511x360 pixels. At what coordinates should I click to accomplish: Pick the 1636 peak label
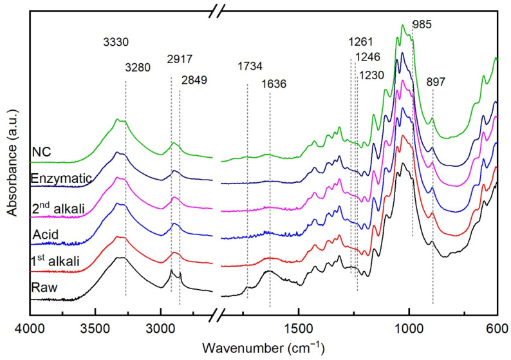point(274,84)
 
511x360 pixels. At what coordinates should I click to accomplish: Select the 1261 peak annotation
point(361,42)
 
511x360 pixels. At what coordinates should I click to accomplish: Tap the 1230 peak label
point(371,75)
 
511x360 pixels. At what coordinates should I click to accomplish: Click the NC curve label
point(41,153)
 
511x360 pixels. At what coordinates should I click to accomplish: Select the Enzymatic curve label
point(55,178)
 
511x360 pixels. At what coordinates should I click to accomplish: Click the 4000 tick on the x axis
point(28,328)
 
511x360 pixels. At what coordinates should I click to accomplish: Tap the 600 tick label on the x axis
point(497,328)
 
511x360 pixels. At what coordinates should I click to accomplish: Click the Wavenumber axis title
point(263,348)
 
